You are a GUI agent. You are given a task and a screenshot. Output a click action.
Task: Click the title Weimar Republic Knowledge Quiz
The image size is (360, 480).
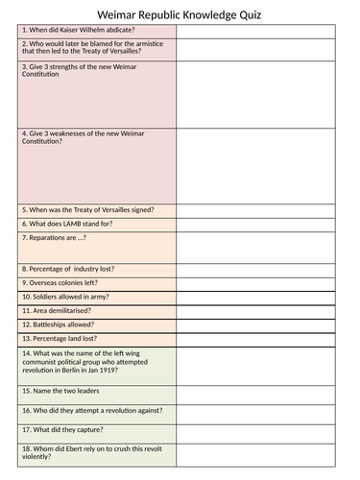pyautogui.click(x=180, y=12)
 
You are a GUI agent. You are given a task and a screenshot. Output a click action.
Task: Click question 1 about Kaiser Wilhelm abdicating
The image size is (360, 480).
pyautogui.click(x=79, y=30)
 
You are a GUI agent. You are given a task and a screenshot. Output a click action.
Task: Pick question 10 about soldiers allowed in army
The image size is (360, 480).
pyautogui.click(x=69, y=298)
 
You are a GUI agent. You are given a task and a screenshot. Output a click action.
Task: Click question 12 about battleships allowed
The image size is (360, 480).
pyautogui.click(x=63, y=325)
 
